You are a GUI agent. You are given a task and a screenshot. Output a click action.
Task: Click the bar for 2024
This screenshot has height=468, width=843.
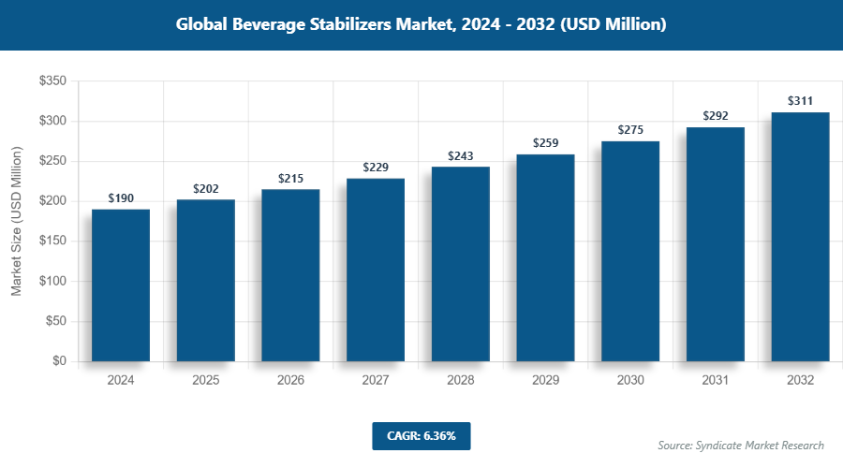click(121, 285)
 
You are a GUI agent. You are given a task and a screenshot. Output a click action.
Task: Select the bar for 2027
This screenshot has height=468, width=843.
click(376, 270)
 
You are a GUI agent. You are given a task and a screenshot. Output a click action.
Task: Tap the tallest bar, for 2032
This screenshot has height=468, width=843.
click(800, 237)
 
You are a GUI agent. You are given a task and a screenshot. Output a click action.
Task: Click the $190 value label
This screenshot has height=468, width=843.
click(121, 198)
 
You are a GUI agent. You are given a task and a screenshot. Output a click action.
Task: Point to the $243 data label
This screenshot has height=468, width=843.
click(461, 155)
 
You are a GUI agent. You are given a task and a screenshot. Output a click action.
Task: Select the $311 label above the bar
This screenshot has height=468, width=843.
click(800, 101)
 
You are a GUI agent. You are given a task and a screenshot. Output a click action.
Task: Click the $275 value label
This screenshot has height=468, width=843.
click(630, 130)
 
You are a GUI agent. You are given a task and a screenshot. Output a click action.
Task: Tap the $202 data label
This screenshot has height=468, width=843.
click(206, 188)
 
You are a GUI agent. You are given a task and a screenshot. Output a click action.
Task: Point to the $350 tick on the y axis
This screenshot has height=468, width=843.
click(52, 81)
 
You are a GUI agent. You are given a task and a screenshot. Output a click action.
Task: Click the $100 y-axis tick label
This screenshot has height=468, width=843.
click(52, 281)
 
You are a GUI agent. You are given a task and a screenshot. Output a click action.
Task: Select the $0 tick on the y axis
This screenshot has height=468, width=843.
click(58, 361)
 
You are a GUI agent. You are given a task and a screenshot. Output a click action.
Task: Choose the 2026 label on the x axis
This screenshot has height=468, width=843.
click(290, 381)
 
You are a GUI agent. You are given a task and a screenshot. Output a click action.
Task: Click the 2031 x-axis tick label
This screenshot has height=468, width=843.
click(716, 381)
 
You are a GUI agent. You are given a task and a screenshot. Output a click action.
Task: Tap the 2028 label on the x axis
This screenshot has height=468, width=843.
click(461, 381)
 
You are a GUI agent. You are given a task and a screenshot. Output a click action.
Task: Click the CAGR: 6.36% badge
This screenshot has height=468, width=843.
click(421, 436)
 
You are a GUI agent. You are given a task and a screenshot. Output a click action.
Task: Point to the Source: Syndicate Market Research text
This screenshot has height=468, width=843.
click(741, 445)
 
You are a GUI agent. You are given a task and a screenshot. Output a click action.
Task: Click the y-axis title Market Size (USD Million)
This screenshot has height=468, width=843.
click(16, 221)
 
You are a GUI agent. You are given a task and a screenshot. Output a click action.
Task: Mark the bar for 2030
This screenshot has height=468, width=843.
click(630, 251)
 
